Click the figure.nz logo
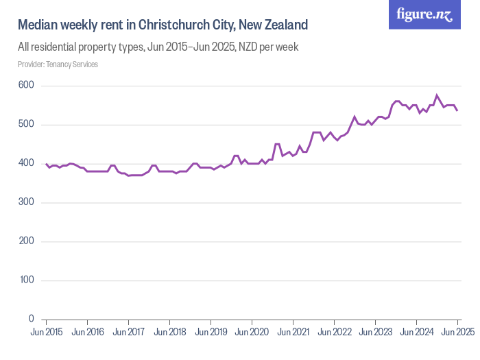[424, 14]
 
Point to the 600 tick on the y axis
[26, 86]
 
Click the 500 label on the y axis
[26, 125]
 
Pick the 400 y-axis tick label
[26, 164]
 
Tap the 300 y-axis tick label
[26, 203]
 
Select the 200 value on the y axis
[26, 242]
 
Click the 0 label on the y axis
[32, 320]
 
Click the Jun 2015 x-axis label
[47, 333]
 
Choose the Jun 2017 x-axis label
[129, 333]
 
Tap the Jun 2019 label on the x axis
[211, 333]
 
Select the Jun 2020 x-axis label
[252, 333]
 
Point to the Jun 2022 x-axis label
[334, 333]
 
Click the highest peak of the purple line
[437, 95]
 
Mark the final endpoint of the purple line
[457, 110]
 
